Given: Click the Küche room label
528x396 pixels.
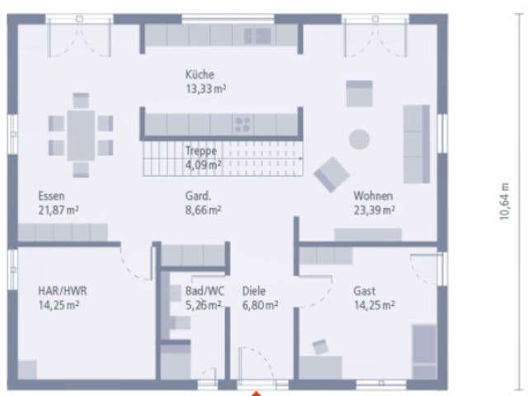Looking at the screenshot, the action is click(200, 74).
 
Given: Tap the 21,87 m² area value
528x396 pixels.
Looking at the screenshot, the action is click(59, 210).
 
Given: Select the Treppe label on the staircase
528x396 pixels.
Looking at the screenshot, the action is click(201, 150).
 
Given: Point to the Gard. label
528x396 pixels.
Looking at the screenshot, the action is click(198, 196).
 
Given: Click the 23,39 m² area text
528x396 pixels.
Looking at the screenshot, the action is click(374, 210).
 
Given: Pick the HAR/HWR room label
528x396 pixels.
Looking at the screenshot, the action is click(63, 291).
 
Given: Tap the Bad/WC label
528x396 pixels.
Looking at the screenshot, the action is click(205, 291).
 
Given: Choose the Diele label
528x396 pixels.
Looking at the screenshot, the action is click(254, 291).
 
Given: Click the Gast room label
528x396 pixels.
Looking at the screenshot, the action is click(364, 291).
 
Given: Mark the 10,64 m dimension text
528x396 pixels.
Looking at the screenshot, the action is click(504, 201).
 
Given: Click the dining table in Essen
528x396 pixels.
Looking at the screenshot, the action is click(81, 135).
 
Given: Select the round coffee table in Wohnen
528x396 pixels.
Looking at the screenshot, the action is click(360, 139).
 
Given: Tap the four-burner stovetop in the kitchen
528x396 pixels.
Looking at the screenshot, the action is click(243, 125).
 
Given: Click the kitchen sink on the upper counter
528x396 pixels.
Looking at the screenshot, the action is click(258, 35).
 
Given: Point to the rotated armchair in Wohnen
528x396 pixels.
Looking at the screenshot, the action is click(332, 174).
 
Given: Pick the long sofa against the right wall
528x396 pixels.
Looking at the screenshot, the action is click(417, 144).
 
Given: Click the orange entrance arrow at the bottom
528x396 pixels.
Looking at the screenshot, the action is click(257, 394).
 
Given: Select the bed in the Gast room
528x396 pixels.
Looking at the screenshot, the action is click(424, 351).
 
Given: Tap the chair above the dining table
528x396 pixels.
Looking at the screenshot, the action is click(81, 101).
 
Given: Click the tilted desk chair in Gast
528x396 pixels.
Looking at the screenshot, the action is click(320, 347).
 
